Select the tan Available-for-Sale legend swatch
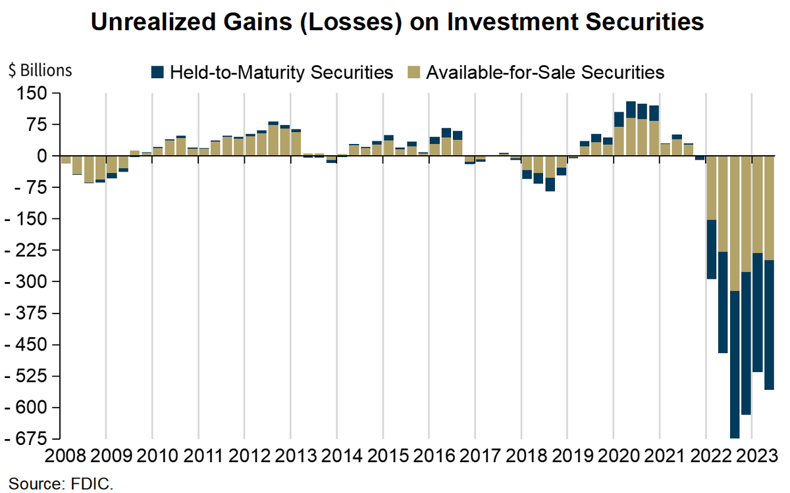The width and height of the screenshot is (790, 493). coord(415,72)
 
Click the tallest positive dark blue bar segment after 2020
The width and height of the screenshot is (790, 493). coord(631,110)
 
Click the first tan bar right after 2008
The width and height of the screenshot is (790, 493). coord(66,160)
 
